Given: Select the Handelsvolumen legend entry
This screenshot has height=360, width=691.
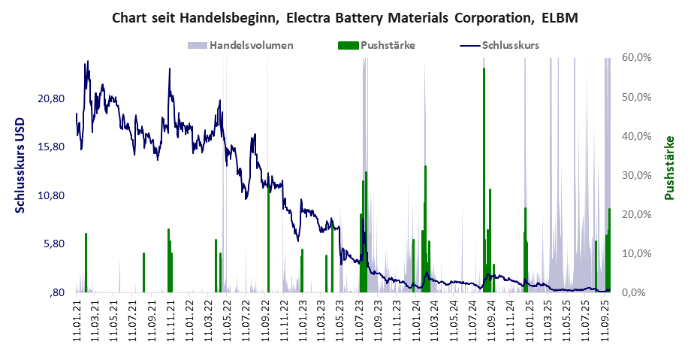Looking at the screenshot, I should tap(251, 45).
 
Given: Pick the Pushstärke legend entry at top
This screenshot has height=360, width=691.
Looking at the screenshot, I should tap(388, 45).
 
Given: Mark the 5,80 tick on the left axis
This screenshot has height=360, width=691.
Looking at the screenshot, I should tap(56, 244).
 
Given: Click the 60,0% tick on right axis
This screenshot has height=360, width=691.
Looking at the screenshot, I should tap(638, 58).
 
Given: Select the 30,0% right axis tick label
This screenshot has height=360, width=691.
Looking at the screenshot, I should tap(638, 175).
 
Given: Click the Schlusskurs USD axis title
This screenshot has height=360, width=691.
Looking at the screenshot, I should tap(20, 165).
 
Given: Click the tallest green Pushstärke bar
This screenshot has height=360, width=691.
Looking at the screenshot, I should tap(484, 180).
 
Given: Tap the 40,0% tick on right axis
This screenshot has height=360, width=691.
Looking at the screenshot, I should tap(638, 136).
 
